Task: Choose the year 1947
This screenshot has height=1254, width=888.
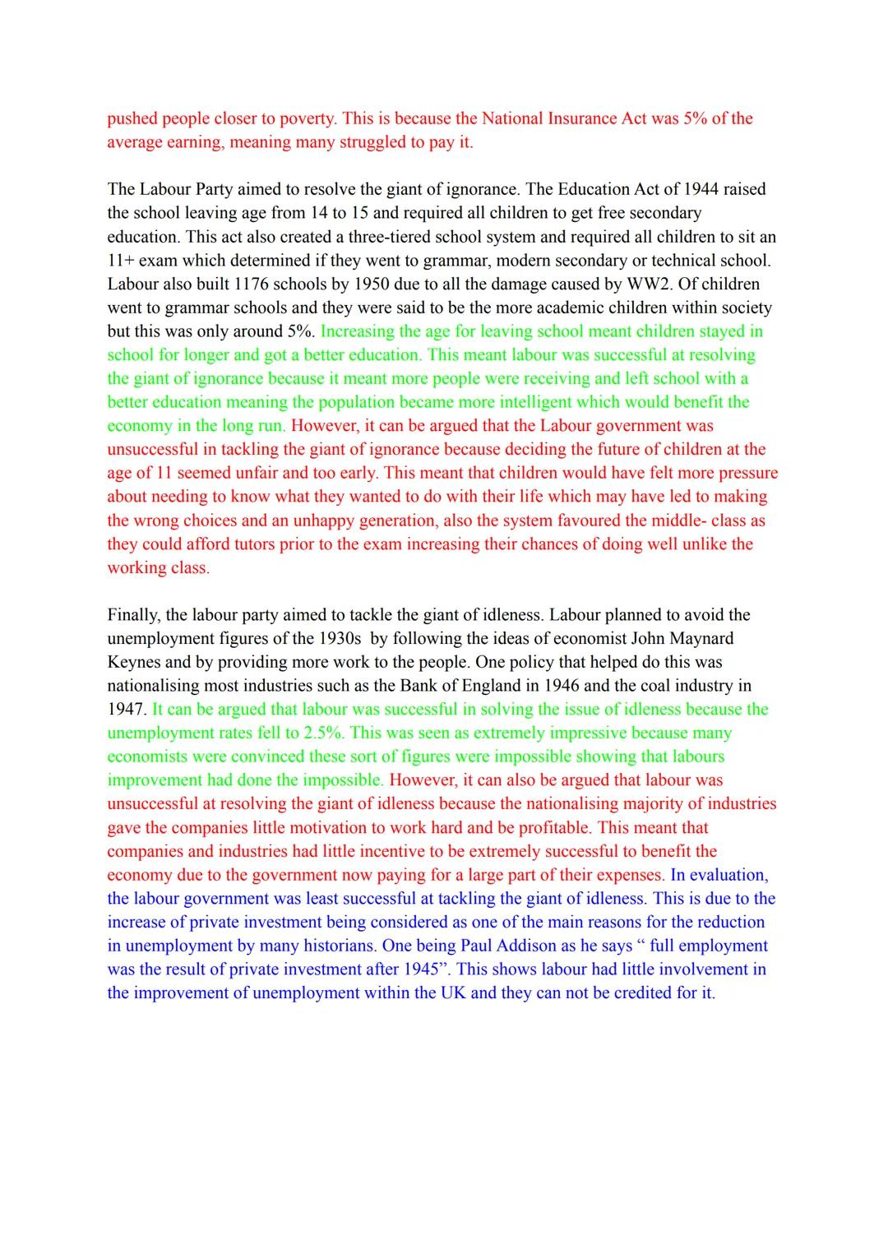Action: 125,710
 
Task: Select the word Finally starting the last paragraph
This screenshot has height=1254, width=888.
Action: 132,615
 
